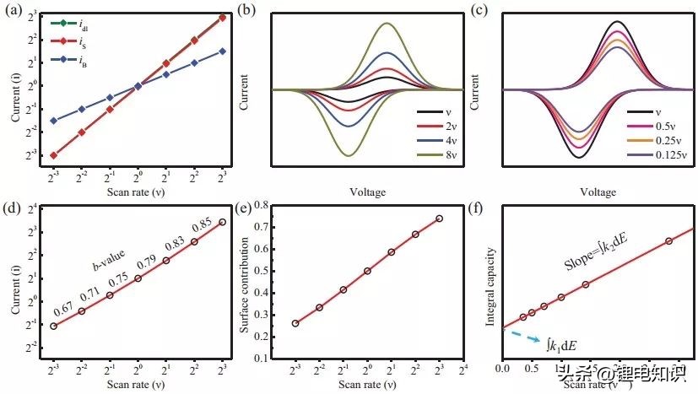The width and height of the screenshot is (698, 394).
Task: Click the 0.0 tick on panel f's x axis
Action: (x=501, y=368)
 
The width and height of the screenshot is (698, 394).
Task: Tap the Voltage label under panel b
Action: (x=367, y=192)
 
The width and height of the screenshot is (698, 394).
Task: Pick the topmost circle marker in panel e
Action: (x=440, y=219)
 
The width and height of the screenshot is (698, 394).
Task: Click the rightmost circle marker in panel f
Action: (x=668, y=241)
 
